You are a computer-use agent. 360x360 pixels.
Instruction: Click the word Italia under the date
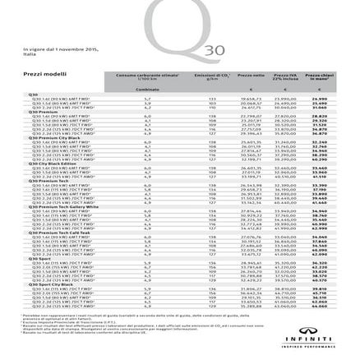30,54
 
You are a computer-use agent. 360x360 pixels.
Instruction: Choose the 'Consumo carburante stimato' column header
145,75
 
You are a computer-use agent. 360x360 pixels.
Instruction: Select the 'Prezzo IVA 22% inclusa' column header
284,76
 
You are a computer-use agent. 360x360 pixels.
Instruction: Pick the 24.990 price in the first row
319,98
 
